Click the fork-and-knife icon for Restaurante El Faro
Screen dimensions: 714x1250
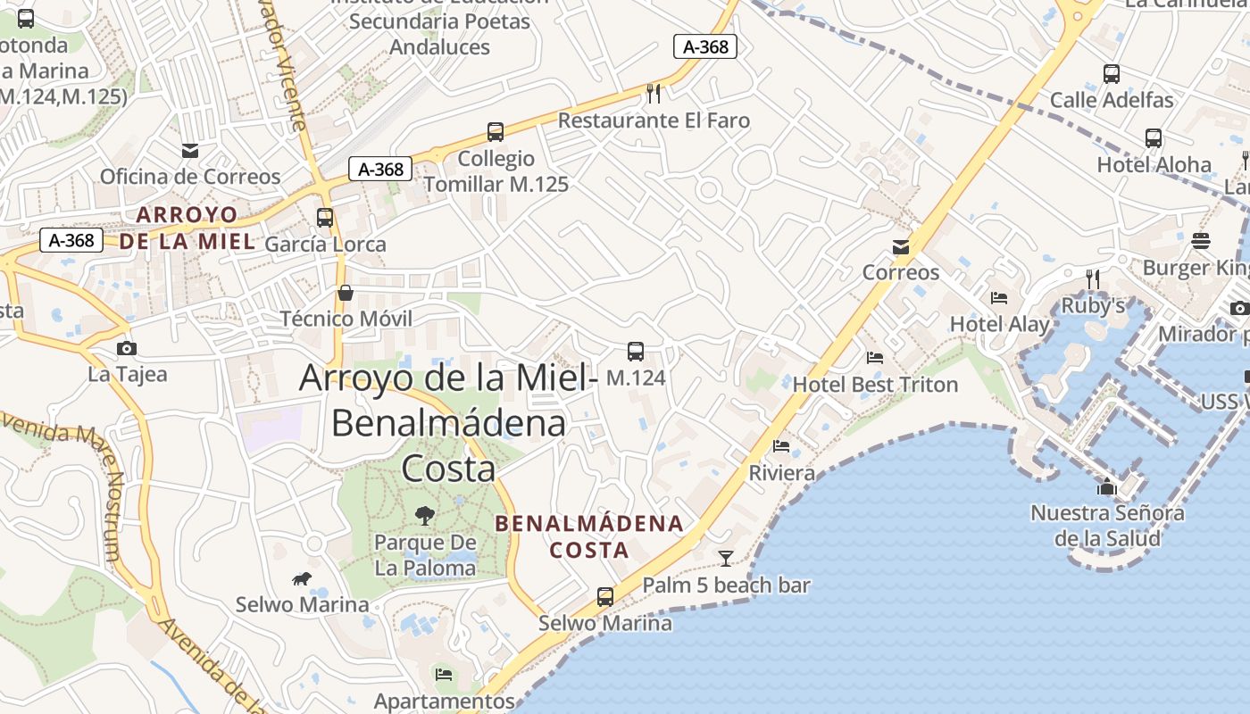(654, 93)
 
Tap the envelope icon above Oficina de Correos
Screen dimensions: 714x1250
(189, 150)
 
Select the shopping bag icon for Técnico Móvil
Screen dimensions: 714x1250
(345, 293)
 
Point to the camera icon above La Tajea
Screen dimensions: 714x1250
(127, 348)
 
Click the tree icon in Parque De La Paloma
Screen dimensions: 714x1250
(424, 515)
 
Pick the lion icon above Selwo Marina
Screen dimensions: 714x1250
(302, 578)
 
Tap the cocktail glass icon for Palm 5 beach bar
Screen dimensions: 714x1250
(726, 559)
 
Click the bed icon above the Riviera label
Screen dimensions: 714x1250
(781, 446)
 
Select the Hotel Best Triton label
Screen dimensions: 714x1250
(875, 385)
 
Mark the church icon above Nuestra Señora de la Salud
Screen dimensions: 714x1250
(1107, 486)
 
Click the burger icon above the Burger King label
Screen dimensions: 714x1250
(1201, 241)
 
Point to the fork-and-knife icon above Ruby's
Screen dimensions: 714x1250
(1092, 279)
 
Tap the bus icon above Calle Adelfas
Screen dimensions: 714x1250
(1112, 74)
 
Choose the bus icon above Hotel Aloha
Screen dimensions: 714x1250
(1154, 138)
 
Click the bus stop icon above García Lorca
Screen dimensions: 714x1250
(325, 217)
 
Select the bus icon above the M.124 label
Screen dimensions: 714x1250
(636, 351)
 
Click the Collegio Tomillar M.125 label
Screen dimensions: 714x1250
(496, 171)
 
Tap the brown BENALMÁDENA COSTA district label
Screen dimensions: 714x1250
(589, 536)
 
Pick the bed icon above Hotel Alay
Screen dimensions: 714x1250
(999, 298)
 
